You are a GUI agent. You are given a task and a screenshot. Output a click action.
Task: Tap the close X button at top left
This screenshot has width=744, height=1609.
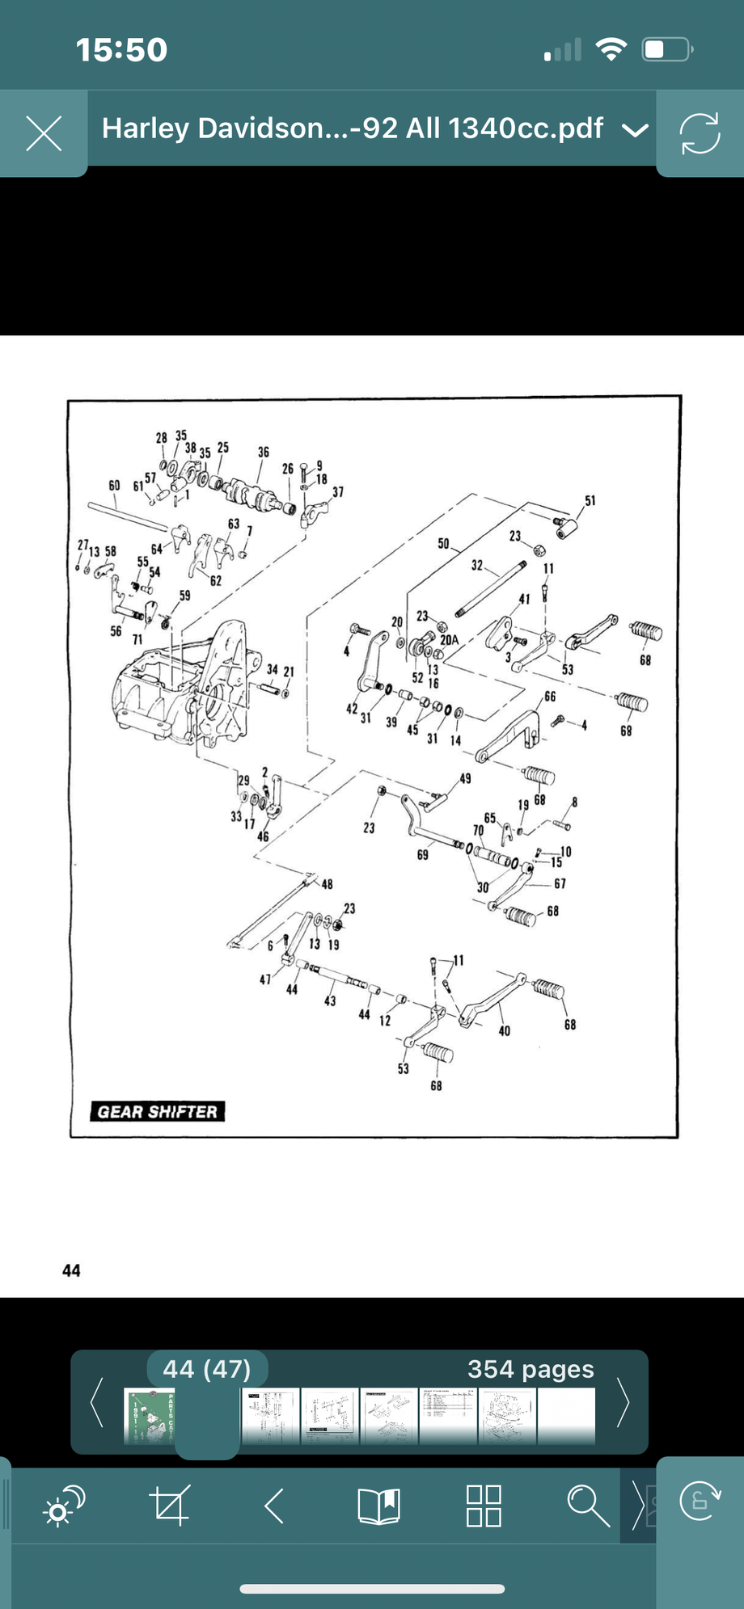pos(44,133)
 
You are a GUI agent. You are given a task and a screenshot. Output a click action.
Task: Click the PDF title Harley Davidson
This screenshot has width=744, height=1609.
pos(352,128)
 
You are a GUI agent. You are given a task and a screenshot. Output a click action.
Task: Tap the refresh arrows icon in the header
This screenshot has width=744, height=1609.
pos(700,133)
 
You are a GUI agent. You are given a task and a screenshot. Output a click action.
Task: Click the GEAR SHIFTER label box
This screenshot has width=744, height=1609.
pos(158,1112)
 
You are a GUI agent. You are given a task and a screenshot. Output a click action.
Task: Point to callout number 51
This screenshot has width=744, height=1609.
pos(590,501)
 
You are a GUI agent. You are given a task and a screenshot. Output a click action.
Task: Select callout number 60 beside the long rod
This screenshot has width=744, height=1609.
pos(114,486)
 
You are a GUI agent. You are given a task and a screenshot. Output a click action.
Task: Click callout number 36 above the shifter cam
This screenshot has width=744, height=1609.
pos(264,453)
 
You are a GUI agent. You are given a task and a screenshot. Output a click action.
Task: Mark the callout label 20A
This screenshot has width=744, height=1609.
pos(449,640)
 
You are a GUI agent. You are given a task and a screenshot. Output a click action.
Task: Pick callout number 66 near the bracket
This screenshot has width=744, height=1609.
pos(550,697)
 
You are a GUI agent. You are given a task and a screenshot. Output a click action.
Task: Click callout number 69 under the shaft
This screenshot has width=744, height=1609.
pos(422,855)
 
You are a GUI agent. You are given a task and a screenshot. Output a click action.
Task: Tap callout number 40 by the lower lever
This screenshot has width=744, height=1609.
pos(505,1031)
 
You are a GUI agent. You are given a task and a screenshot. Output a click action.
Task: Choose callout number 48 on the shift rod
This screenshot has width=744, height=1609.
pos(328,884)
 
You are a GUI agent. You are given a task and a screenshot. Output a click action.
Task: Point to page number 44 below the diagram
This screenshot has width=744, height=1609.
pos(71,1270)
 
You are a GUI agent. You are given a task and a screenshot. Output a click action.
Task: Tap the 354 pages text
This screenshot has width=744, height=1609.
pos(531,1370)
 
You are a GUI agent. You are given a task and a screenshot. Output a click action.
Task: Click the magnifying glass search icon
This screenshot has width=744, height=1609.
pos(588,1506)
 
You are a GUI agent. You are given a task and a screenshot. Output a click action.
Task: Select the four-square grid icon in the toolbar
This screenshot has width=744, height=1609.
pos(484,1506)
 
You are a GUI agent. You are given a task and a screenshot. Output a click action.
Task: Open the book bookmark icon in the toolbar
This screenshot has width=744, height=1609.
pos(378,1506)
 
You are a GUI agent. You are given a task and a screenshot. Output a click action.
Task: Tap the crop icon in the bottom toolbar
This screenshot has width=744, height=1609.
pos(170,1506)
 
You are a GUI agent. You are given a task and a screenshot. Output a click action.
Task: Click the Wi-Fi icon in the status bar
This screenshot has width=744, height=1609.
pos(612,50)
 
